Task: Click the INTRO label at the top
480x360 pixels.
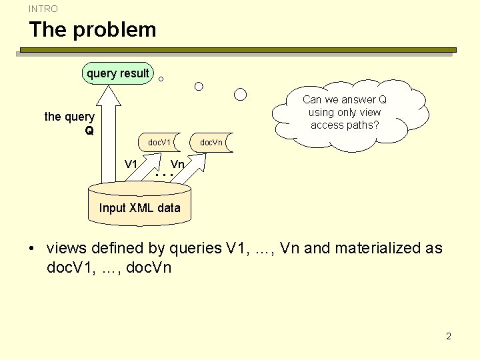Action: (x=43, y=9)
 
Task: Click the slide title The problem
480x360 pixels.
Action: (x=92, y=29)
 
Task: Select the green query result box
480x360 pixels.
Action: (x=118, y=73)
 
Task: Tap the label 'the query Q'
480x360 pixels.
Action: (x=70, y=123)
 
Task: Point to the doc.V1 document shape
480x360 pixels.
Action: (x=160, y=142)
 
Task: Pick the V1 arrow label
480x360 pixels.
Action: (x=131, y=164)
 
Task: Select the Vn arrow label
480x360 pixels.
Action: (x=177, y=164)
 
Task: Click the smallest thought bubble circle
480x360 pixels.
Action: (x=161, y=79)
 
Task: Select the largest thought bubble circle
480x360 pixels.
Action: (x=241, y=94)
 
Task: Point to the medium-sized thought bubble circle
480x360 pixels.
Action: (x=199, y=86)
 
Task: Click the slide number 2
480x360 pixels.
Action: (x=449, y=336)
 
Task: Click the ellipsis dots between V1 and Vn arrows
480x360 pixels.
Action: (x=163, y=175)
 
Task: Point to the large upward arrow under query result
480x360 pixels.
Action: (x=106, y=133)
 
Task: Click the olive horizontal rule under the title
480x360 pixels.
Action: (x=238, y=50)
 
